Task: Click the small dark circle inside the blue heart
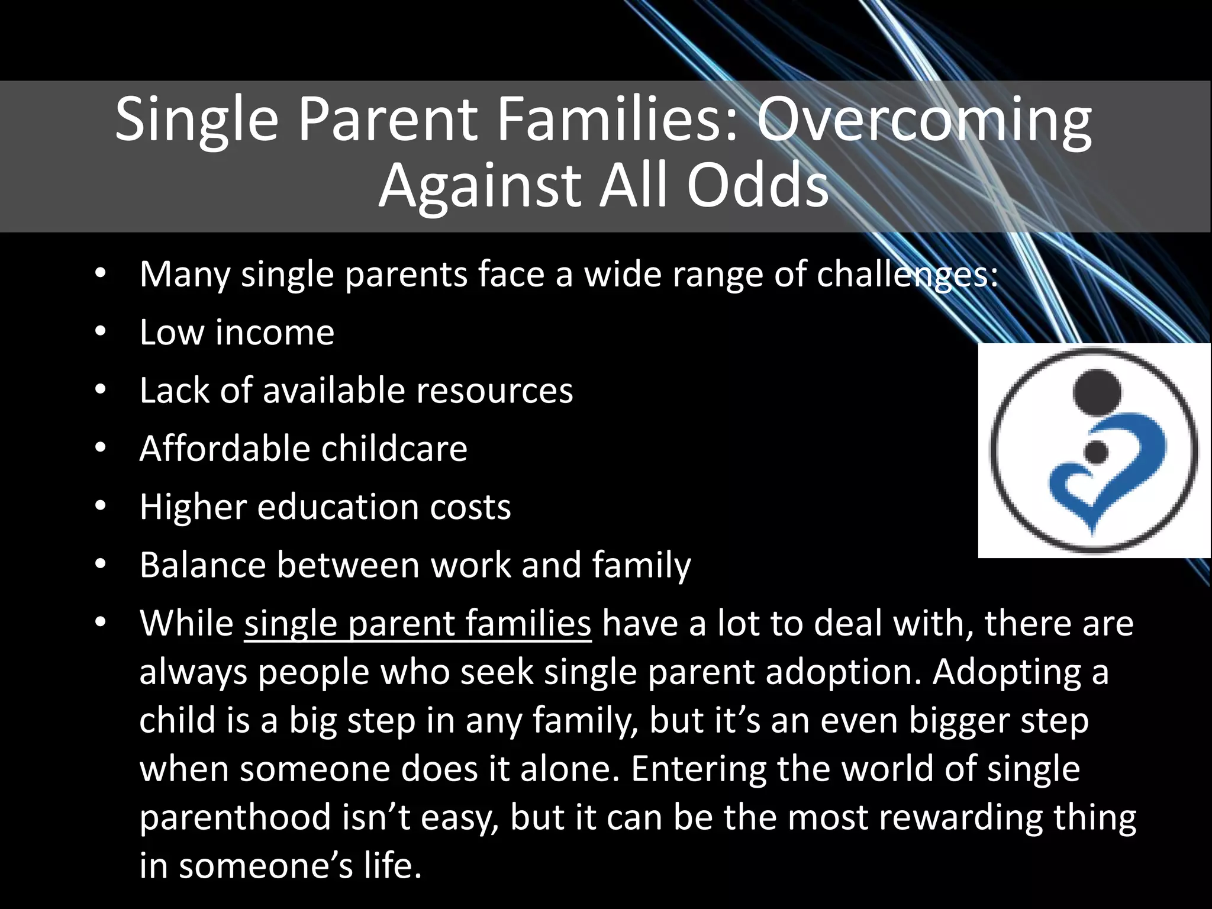pos(1097,452)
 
